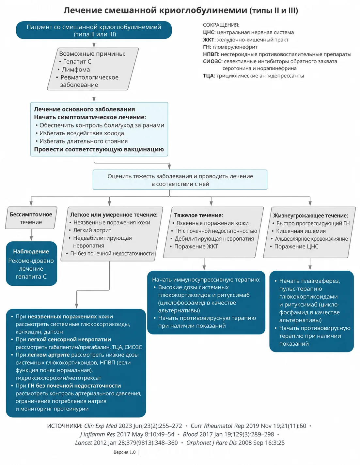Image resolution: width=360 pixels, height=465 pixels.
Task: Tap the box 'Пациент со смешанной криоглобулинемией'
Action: tap(94, 30)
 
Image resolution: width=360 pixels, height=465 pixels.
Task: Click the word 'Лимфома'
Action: tap(76, 69)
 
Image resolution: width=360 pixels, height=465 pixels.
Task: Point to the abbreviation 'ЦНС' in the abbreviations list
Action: tap(209, 32)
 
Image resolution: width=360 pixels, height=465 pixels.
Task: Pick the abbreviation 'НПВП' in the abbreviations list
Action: tap(211, 54)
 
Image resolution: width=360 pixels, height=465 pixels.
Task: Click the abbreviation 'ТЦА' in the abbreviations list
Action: tap(209, 76)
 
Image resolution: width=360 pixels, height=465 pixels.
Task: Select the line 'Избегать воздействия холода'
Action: tap(82, 133)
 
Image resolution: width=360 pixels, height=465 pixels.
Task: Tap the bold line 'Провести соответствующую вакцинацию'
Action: tap(99, 149)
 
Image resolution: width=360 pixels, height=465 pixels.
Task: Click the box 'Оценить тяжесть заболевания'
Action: tap(180, 180)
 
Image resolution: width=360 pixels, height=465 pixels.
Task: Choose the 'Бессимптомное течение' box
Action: tap(31, 218)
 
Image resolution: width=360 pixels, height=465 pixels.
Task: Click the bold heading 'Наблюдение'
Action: tap(31, 251)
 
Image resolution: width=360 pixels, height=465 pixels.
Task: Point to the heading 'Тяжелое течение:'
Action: tap(198, 215)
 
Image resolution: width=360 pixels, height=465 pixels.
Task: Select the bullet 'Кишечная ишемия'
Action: tap(301, 231)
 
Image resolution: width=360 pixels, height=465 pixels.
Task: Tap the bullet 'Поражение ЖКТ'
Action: tap(196, 247)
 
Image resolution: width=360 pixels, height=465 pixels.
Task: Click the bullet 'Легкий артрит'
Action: tap(92, 230)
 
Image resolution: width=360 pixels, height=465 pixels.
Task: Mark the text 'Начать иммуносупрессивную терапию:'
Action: tap(206, 280)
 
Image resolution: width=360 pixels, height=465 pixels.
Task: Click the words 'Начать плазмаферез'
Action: tap(309, 281)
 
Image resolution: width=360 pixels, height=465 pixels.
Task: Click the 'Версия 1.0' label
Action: tap(124, 452)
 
